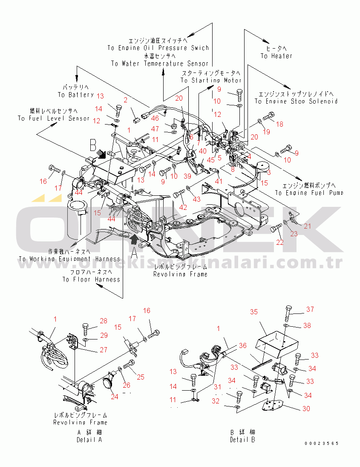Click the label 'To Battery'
75,95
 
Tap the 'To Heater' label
276,56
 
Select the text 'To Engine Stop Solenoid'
296,102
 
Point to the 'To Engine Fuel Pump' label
309,193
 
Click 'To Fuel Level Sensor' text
54,118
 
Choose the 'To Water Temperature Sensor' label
160,64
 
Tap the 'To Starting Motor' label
211,80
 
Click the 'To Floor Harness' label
91,279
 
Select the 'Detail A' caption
89,440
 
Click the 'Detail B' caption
243,440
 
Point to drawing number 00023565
322,444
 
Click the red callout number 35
253,312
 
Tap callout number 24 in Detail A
114,397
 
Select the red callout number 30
306,409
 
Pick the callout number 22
279,242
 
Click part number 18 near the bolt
279,124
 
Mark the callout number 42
183,208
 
